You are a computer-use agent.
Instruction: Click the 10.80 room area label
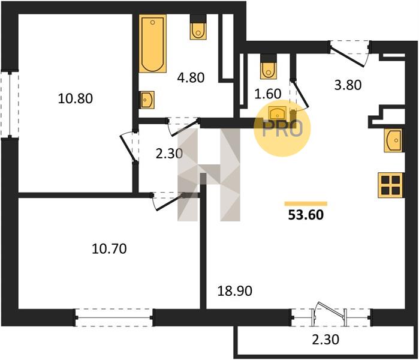tap(76, 98)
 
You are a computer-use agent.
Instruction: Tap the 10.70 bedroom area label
tap(109, 249)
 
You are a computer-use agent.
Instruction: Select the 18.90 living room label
tap(234, 291)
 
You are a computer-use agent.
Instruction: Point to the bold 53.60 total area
tap(306, 215)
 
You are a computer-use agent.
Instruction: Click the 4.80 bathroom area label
tap(191, 77)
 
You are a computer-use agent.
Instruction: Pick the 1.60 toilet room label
tap(268, 94)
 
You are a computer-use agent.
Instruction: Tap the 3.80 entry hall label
tap(348, 85)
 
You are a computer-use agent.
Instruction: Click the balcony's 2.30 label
tap(325, 340)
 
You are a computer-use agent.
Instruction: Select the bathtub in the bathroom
tap(153, 44)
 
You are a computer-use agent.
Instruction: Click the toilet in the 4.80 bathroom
tap(198, 27)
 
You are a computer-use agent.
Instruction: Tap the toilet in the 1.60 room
tap(268, 67)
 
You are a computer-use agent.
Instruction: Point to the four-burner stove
tap(390, 185)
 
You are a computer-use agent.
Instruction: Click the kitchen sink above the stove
tap(393, 140)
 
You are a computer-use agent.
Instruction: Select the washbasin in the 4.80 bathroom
tap(147, 100)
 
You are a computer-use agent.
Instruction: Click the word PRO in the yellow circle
tap(282, 129)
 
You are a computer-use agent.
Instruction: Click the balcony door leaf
tap(329, 310)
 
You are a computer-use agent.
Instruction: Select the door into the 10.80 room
tap(127, 146)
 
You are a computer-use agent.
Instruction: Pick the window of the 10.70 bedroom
tap(114, 318)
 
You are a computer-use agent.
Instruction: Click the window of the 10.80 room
tap(10, 104)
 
